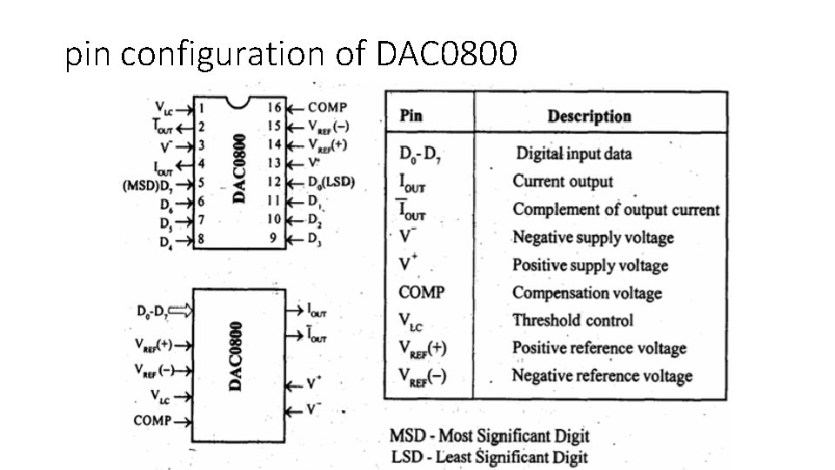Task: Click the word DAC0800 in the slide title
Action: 447,56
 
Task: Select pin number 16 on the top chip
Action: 274,108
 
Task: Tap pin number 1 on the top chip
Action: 201,110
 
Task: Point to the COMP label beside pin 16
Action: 327,108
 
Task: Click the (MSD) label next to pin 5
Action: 140,185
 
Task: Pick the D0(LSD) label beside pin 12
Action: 331,183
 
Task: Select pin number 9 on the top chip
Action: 274,238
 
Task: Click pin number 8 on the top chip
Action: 201,238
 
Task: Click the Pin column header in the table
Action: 411,116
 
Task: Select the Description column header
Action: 589,116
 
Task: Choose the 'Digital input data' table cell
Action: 574,154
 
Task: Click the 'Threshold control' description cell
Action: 572,320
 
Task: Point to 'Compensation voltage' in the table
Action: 586,293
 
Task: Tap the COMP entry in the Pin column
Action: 421,293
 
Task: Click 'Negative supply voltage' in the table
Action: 592,238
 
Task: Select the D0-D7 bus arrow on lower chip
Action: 178,309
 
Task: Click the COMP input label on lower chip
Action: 152,420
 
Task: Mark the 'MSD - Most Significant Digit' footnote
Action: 489,436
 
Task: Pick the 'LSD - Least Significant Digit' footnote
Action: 488,457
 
